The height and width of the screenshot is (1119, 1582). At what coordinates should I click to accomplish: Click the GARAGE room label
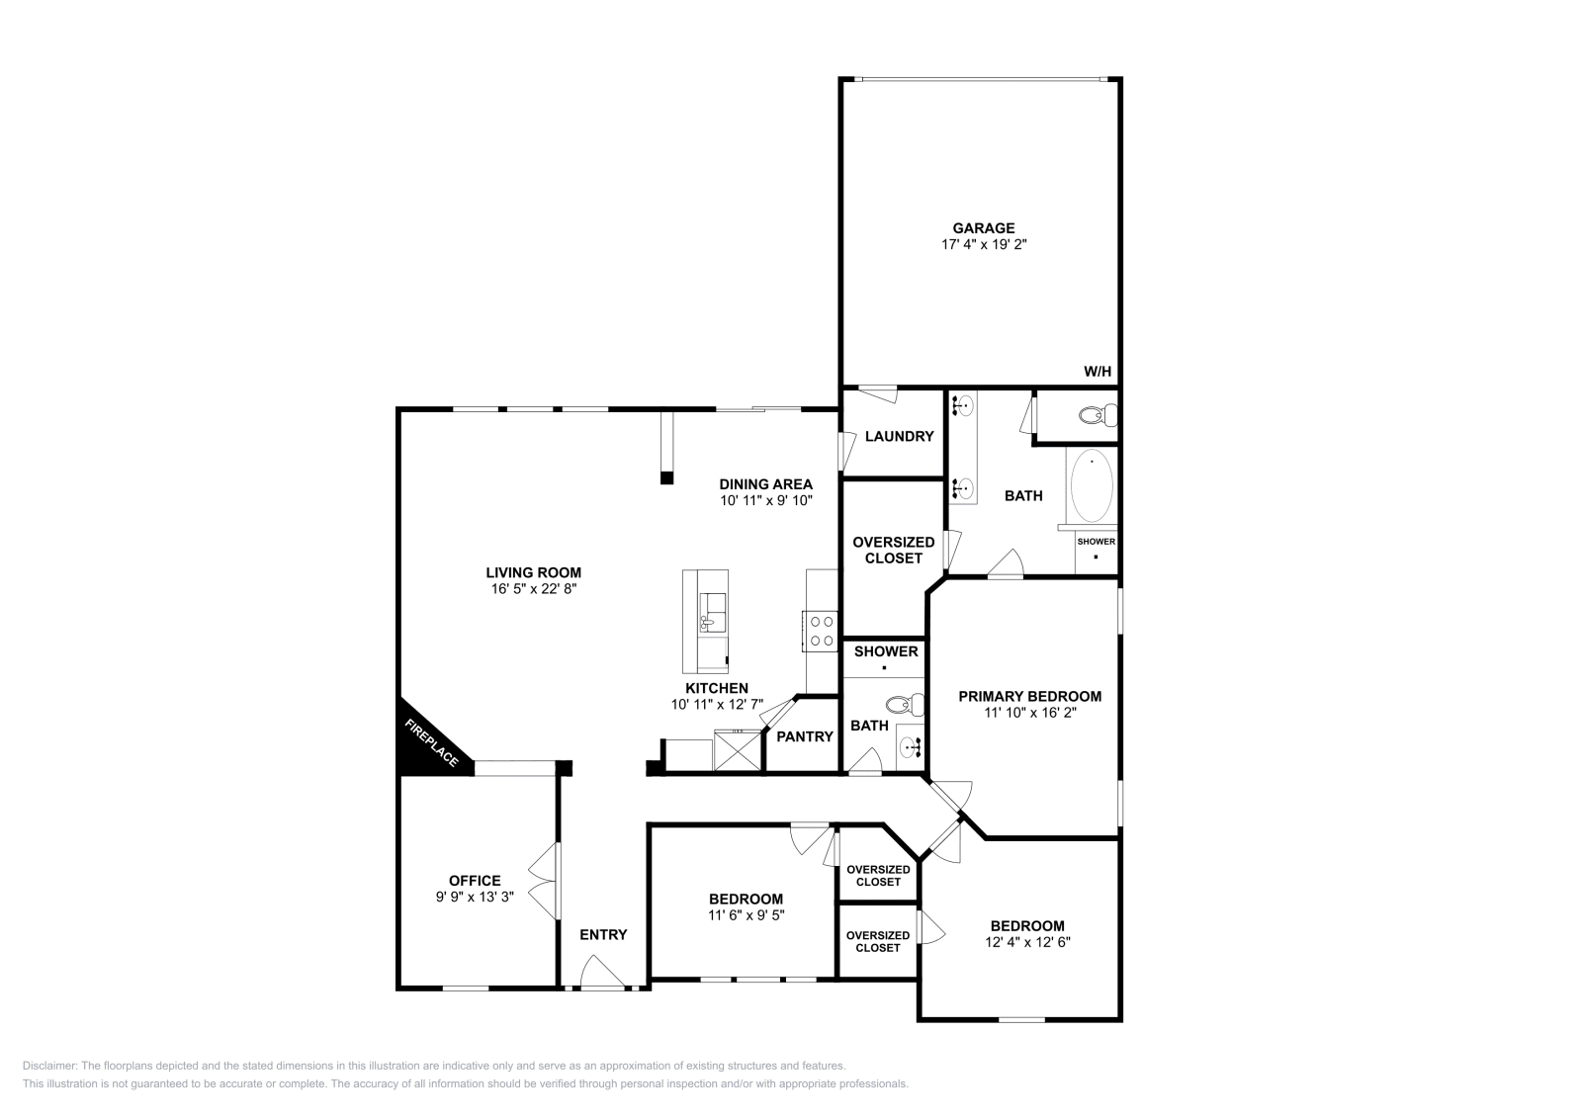coord(983,228)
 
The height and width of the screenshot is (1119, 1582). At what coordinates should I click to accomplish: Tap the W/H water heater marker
coord(1098,372)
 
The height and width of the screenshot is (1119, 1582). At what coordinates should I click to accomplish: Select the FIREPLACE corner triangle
coord(425,741)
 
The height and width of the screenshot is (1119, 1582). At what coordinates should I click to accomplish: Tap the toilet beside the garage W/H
coord(1091,415)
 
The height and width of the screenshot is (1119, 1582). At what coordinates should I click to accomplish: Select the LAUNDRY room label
coord(899,436)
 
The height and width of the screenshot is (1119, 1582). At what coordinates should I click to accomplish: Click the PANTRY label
coord(805,736)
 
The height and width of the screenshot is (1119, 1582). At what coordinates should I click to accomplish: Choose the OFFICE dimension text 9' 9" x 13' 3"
coord(475,897)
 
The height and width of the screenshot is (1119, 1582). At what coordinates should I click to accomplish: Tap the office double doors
coord(544,882)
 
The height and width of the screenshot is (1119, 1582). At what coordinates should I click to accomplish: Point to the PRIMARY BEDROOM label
coord(1029,696)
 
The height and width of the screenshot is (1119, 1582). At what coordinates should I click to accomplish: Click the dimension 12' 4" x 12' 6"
coord(1027,942)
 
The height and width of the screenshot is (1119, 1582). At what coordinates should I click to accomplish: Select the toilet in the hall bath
coord(903,705)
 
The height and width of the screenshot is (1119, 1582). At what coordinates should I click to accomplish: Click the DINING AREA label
coord(765,484)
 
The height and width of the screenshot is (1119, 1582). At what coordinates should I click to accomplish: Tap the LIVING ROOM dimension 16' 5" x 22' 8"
coord(533,588)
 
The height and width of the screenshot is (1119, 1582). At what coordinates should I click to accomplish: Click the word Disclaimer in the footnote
coord(48,1066)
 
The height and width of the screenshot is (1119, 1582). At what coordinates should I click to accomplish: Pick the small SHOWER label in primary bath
coord(1096,542)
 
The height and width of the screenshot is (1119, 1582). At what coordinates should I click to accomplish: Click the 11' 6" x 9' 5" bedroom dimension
coord(746,915)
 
